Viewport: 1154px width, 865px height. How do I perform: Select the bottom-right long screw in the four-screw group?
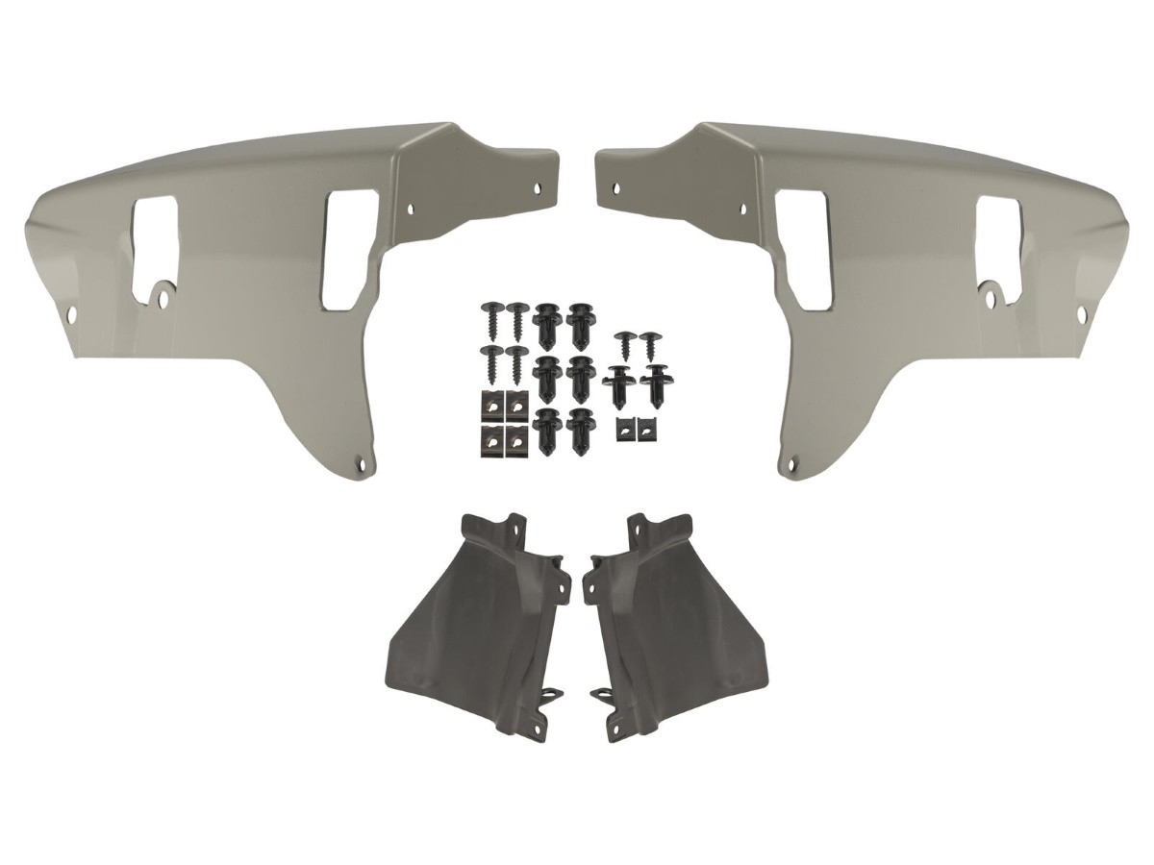pyautogui.click(x=517, y=363)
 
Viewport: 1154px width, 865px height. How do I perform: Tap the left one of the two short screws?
pyautogui.click(x=625, y=345)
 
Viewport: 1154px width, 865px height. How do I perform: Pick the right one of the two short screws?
pyautogui.click(x=649, y=345)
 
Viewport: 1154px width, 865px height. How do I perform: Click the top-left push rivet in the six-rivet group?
pyautogui.click(x=547, y=325)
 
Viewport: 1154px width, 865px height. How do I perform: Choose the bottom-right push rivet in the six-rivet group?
pyautogui.click(x=580, y=431)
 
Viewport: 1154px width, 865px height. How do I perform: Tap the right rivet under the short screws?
pyautogui.click(x=658, y=384)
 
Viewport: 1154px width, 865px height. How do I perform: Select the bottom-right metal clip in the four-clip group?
pyautogui.click(x=516, y=439)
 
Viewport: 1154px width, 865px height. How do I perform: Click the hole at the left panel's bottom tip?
pyautogui.click(x=363, y=464)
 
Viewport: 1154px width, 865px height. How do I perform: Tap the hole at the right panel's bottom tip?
pyautogui.click(x=792, y=465)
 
